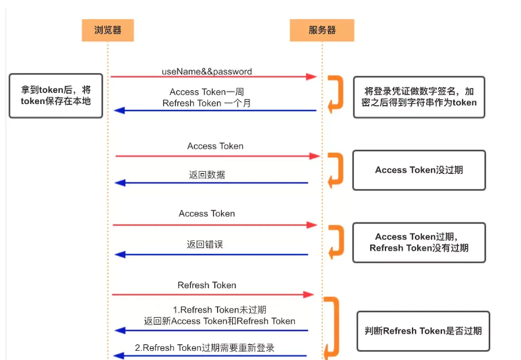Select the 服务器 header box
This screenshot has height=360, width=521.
pyautogui.click(x=322, y=30)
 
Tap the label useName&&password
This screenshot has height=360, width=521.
pyautogui.click(x=207, y=71)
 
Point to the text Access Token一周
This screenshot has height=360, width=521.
pyautogui.click(x=206, y=92)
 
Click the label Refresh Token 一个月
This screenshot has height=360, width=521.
pyautogui.click(x=206, y=103)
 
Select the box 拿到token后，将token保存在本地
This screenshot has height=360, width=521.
pyautogui.click(x=55, y=96)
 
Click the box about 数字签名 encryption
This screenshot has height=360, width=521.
pyautogui.click(x=419, y=97)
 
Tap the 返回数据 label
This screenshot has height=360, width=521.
pyautogui.click(x=207, y=175)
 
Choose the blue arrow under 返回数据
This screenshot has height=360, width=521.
pyautogui.click(x=211, y=183)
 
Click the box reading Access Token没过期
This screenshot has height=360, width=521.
pyautogui.click(x=419, y=170)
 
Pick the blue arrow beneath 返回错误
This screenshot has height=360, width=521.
pyautogui.click(x=211, y=254)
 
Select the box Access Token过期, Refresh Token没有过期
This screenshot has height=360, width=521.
pyautogui.click(x=419, y=242)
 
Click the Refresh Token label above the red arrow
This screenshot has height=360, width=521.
pyautogui.click(x=207, y=285)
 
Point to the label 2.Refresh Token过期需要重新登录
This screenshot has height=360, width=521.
pyautogui.click(x=204, y=347)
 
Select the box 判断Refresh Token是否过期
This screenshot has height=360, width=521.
pyautogui.click(x=423, y=330)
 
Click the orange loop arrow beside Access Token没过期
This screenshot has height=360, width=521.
pyautogui.click(x=337, y=170)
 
